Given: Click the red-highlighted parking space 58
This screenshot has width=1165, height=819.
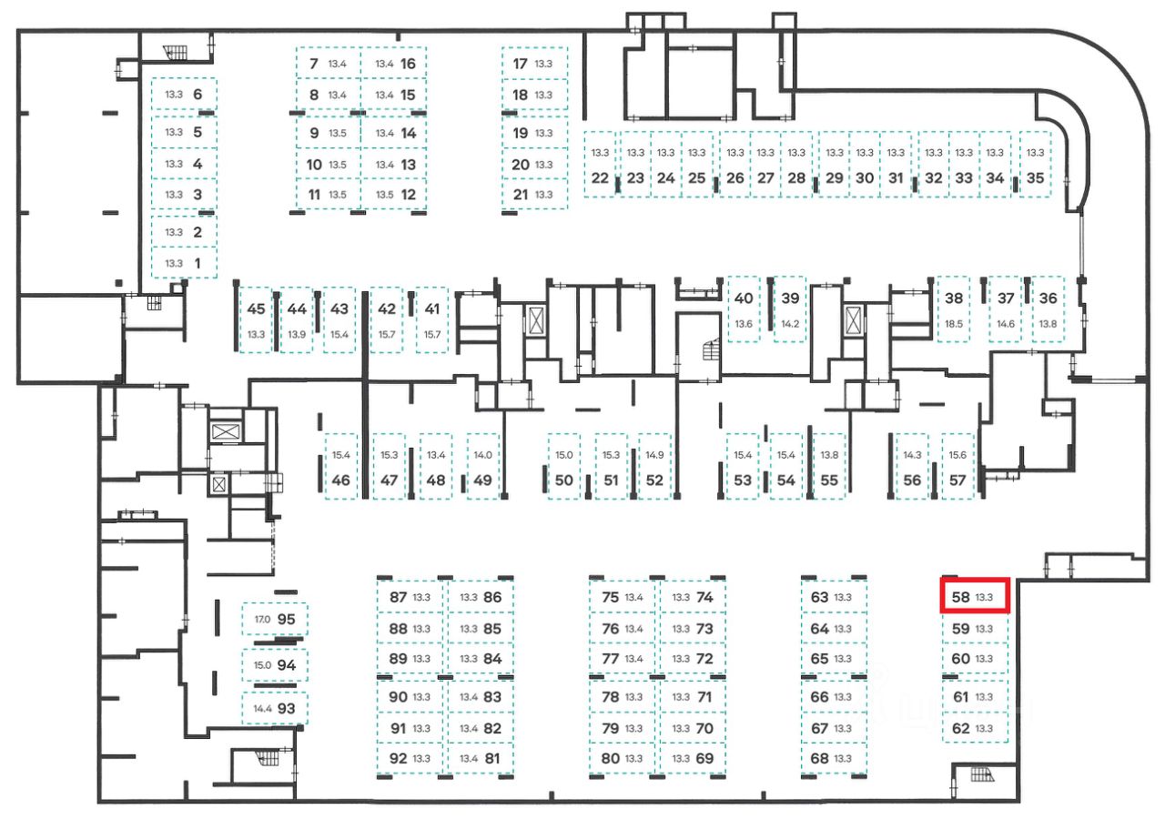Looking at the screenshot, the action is [x=975, y=597].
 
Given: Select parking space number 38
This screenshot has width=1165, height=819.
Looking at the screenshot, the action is [x=954, y=309].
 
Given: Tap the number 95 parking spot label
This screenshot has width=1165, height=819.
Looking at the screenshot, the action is [x=287, y=619].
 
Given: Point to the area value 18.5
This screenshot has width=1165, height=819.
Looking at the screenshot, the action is [x=954, y=324].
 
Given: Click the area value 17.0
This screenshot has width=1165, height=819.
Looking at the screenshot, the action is [x=263, y=620].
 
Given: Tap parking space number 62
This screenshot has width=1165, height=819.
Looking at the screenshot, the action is [x=975, y=728].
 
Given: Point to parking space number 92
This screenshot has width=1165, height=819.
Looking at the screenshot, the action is [x=410, y=758].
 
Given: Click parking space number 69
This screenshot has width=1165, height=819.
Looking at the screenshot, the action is [x=693, y=758].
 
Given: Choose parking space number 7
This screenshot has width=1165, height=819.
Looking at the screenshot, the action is [x=326, y=64].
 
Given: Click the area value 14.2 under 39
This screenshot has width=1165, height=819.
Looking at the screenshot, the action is [x=790, y=324].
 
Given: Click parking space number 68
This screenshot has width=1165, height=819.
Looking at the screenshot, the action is [x=833, y=758].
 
